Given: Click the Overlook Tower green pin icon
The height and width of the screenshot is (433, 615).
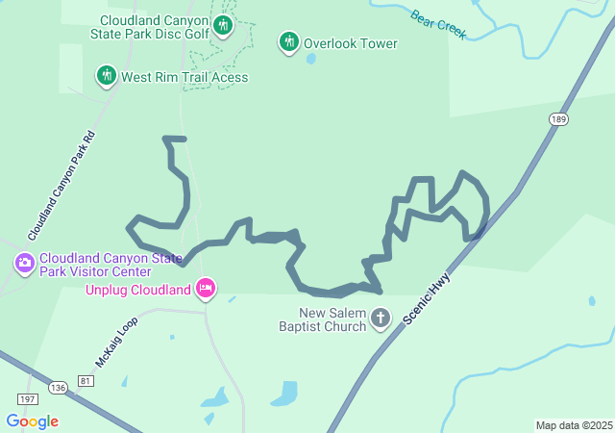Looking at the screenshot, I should [288, 41].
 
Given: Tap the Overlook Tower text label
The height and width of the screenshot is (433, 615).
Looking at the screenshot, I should [351, 43].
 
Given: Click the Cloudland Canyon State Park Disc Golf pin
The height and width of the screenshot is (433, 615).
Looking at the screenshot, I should [223, 24].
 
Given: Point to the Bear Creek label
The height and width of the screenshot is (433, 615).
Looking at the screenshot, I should [438, 25].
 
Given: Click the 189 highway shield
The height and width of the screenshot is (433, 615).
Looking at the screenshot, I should [558, 119].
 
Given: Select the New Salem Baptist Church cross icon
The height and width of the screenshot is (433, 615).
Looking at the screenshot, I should [381, 318].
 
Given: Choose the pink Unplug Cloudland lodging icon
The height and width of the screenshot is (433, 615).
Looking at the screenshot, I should [205, 288].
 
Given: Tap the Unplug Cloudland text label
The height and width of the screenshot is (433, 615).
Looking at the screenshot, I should [138, 290].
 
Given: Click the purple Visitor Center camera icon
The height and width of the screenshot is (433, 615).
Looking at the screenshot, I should [24, 262].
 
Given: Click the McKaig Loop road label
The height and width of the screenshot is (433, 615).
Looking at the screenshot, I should [117, 343].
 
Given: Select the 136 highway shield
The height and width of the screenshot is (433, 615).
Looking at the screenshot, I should [59, 388].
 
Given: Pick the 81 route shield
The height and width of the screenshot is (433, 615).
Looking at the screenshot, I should [86, 382].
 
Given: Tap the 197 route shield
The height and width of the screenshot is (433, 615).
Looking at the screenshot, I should [26, 398].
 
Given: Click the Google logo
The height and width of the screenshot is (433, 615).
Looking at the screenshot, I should [32, 421].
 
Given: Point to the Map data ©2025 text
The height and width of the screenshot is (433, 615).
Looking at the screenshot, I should [573, 425].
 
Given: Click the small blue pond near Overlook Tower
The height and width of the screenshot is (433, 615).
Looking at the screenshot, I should [310, 59].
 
